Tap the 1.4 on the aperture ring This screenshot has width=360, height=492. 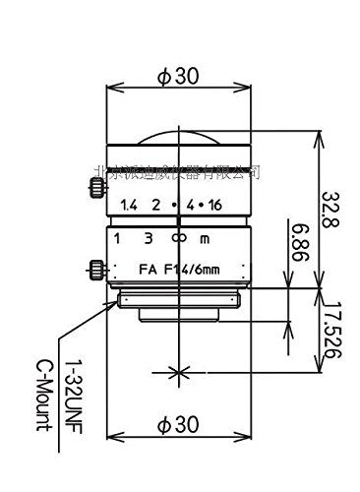pyautogui.click(x=126, y=206)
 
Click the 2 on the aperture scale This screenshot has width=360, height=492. pyautogui.click(x=155, y=206)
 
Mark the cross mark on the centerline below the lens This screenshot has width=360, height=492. pyautogui.click(x=178, y=372)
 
